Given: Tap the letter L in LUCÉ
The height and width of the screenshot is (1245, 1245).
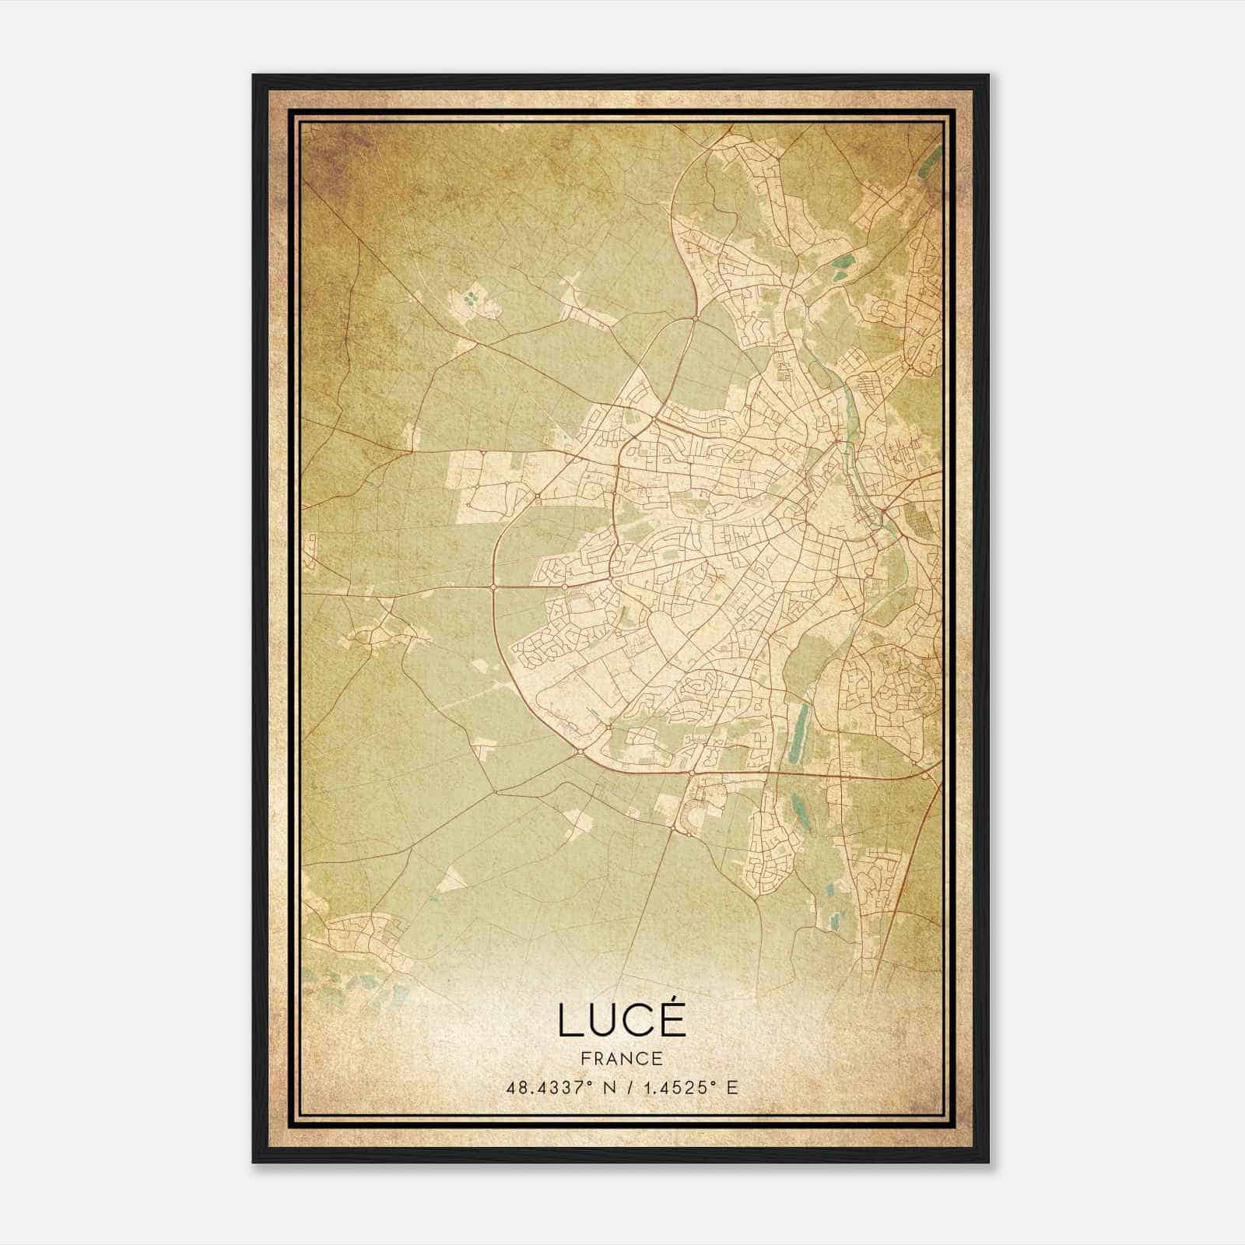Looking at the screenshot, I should click(569, 1021).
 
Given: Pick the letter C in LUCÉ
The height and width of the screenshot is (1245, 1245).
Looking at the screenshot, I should click(640, 1021).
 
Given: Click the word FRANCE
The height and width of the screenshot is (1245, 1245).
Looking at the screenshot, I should click(622, 1058).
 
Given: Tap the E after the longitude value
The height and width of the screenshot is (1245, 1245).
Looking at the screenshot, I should click(731, 1087).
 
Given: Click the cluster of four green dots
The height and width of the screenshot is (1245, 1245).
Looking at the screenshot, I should click(470, 298).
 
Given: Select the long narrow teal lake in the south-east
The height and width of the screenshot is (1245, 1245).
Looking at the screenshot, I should click(798, 732).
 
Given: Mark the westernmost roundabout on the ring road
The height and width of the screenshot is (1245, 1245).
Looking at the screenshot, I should click(494, 585).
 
